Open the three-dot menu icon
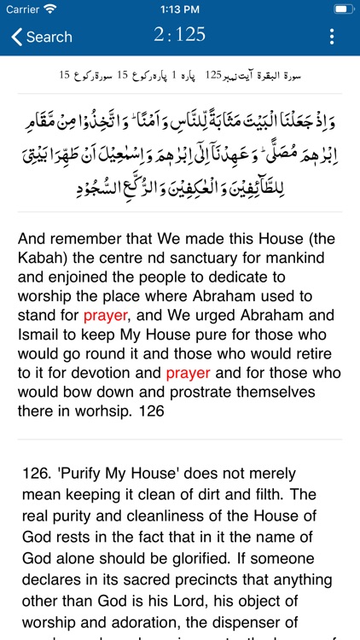pos(332,37)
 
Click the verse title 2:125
pos(179,35)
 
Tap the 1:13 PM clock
pos(179,9)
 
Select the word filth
pos(288,492)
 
